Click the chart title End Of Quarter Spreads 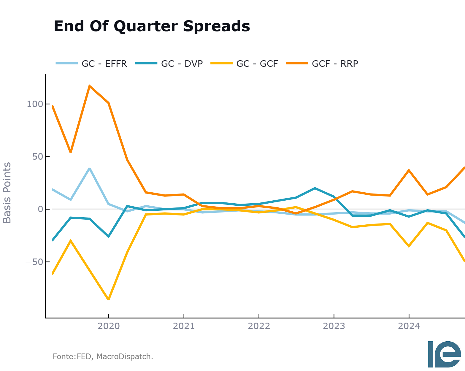[152, 26]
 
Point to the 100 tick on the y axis [35, 104]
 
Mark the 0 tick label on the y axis [40, 209]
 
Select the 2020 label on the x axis [109, 326]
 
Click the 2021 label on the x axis [184, 326]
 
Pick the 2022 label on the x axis [259, 326]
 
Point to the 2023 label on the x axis [334, 326]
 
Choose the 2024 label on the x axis [409, 326]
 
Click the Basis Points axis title [7, 193]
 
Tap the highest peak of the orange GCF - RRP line [89, 86]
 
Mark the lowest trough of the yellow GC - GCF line [108, 299]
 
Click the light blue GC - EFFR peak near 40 [89, 168]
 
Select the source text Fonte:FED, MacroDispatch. [103, 356]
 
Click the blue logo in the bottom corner [444, 354]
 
